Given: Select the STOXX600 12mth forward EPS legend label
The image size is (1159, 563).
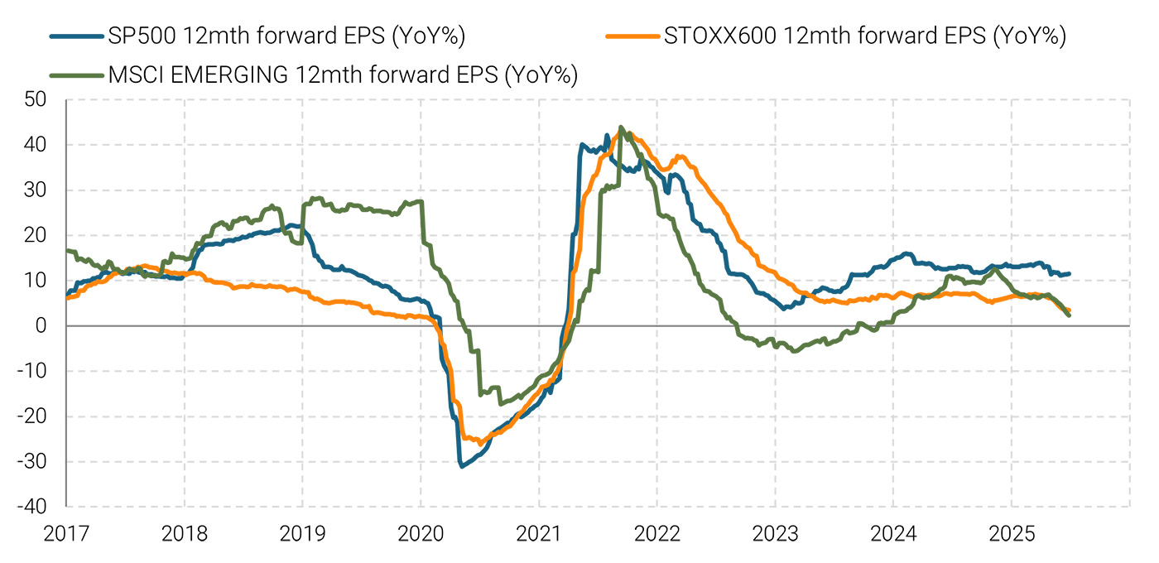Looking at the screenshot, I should tap(864, 36).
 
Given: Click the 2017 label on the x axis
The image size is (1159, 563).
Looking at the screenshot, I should tap(65, 535).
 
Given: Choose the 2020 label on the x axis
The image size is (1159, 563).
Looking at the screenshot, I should tap(421, 535).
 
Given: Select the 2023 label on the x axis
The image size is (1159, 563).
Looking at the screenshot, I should tap(775, 535).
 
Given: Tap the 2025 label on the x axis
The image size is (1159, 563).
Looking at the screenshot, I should tap(1012, 535).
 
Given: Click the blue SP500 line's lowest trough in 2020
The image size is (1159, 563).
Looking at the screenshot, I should tap(461, 466).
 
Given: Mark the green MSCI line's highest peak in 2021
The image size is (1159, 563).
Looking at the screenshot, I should tap(621, 128).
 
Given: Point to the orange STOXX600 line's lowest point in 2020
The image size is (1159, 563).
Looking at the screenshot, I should tap(479, 443).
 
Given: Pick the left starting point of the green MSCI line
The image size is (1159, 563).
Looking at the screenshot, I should tap(66, 251).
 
